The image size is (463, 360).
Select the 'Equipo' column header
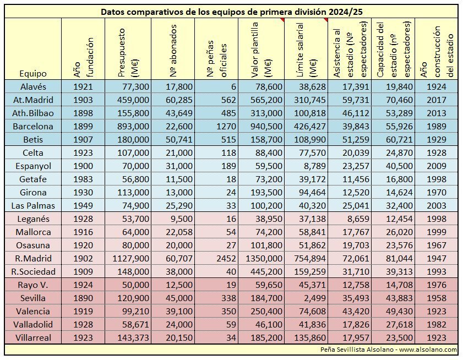coord(33,74)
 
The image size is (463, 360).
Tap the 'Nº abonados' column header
coord(173,51)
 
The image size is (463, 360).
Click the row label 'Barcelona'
coord(33,127)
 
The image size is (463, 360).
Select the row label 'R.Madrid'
coord(34,258)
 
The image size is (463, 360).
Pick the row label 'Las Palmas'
coord(33,205)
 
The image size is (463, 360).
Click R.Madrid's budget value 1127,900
coord(131,258)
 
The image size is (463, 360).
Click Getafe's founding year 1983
coord(83,179)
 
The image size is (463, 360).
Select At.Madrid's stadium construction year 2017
coord(437,100)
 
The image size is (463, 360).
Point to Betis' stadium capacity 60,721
coord(399,140)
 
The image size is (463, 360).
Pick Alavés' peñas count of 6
coord(234,87)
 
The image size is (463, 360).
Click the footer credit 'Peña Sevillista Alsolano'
coord(357,350)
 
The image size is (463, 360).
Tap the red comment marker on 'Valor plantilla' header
coord(282,20)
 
